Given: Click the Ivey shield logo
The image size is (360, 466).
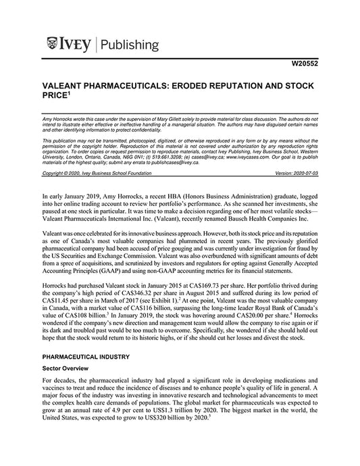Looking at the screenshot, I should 54,45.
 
